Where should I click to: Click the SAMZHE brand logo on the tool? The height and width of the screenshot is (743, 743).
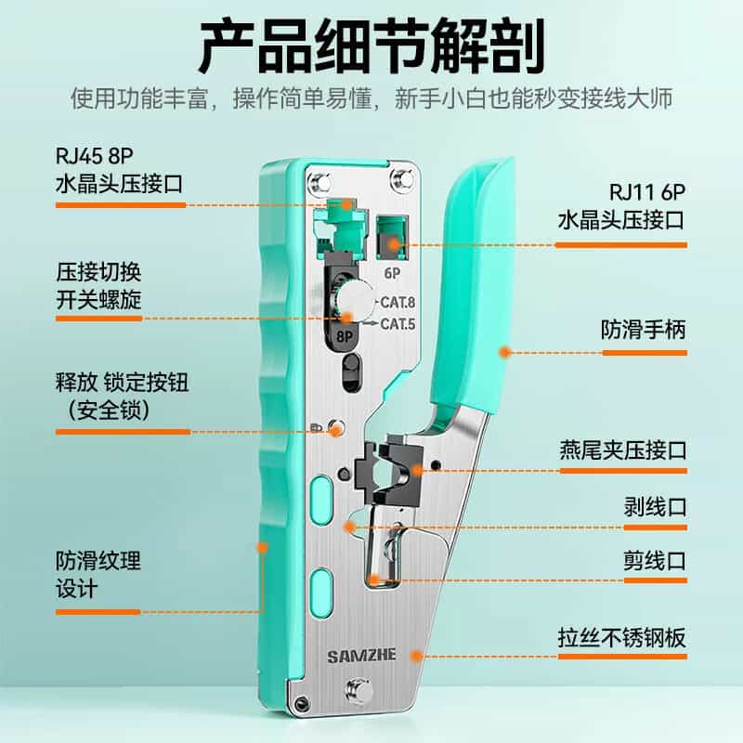coord(361,656)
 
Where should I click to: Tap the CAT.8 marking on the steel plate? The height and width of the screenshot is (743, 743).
coord(398,303)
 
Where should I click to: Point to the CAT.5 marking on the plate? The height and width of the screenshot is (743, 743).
coord(398,324)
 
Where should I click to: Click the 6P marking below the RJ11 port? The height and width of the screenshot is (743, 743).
coord(392,273)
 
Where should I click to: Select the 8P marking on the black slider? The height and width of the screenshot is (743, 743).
coord(345,336)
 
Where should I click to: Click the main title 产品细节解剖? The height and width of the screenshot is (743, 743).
coord(371,46)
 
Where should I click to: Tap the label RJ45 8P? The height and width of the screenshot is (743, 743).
coord(95,156)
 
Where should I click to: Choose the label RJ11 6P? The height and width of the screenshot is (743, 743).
coord(647,192)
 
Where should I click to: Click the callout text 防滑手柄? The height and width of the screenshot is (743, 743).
coord(644,330)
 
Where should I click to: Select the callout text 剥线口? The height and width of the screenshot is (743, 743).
coord(655,507)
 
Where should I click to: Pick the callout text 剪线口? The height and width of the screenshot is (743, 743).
coord(655,561)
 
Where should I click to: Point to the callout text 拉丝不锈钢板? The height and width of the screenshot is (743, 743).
coord(622,637)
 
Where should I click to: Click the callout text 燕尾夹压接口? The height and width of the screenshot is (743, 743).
coord(623,450)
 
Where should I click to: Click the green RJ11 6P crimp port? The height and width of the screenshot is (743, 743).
coord(392,239)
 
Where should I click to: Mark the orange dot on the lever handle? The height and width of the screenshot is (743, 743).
coord(505,352)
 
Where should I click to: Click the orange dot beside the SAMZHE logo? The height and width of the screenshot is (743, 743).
coord(416,656)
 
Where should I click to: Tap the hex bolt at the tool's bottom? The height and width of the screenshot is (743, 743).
coord(358,691)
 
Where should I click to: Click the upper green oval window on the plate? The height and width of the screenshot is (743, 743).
coord(321,501)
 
